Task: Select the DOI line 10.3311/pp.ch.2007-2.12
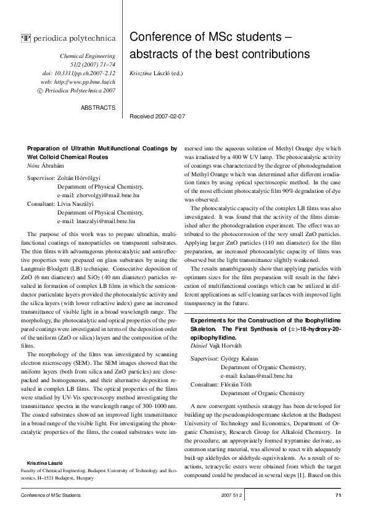coord(83,73)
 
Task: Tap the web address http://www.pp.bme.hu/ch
coord(83,81)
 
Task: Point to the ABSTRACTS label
coord(98,107)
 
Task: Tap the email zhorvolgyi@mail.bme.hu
coord(104,194)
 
